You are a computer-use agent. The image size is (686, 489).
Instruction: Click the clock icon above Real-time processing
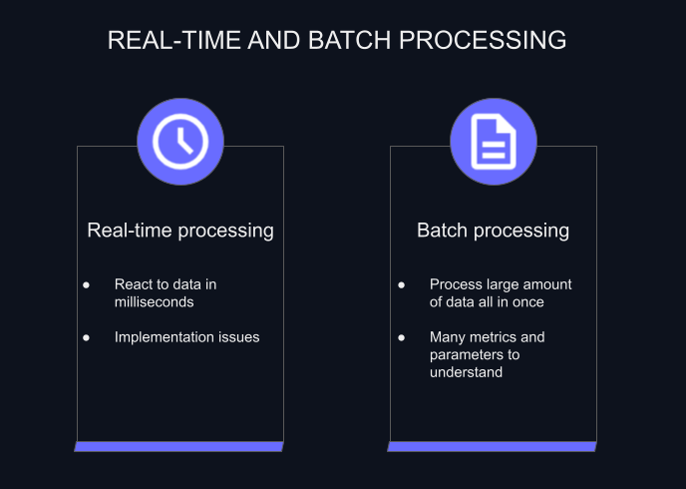pyautogui.click(x=180, y=140)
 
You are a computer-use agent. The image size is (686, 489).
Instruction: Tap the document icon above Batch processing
pyautogui.click(x=493, y=140)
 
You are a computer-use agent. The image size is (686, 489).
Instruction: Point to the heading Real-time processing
pyautogui.click(x=180, y=231)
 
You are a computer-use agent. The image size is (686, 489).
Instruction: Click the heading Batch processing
pyautogui.click(x=493, y=231)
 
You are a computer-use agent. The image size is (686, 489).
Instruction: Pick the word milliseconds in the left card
pyautogui.click(x=154, y=301)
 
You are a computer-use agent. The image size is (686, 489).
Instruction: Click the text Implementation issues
pyautogui.click(x=186, y=337)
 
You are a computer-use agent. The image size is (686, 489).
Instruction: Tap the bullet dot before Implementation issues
pyautogui.click(x=87, y=337)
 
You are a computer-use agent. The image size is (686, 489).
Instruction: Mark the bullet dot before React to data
pyautogui.click(x=87, y=284)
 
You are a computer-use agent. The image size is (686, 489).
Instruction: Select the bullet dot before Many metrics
pyautogui.click(x=401, y=337)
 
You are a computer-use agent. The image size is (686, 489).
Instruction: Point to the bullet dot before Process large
pyautogui.click(x=401, y=284)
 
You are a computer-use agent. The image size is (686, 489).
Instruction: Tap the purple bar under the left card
pyautogui.click(x=179, y=446)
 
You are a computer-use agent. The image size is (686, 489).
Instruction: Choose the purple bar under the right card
pyautogui.click(x=492, y=446)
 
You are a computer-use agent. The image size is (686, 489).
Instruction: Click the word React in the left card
pyautogui.click(x=134, y=284)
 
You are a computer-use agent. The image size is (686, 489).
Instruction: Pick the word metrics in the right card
pyautogui.click(x=496, y=337)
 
